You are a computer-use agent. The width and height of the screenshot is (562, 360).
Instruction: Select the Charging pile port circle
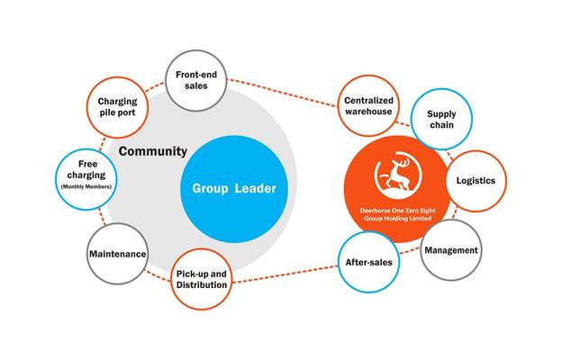117,109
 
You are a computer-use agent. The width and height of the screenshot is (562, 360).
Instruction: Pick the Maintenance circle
118,254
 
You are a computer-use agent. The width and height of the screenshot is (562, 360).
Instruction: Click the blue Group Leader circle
233,189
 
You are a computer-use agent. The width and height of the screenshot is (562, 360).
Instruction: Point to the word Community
153,151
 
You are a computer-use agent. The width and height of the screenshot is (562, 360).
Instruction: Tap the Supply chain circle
441,120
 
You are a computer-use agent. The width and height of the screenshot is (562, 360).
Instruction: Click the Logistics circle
476,180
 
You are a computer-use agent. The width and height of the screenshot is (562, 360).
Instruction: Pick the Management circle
450,249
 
